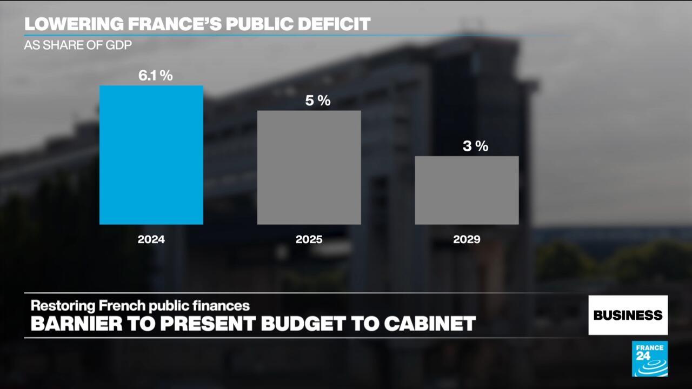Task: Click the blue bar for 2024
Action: [151, 155]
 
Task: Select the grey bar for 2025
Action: [309, 167]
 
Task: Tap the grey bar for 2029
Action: [467, 190]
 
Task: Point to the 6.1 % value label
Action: [155, 76]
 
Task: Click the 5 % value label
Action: [317, 100]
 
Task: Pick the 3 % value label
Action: [475, 146]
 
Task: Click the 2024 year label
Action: [151, 239]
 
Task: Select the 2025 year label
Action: [309, 239]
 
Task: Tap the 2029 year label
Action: [467, 239]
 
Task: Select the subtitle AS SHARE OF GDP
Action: [78, 45]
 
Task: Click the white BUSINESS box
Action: [628, 315]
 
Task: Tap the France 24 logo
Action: [649, 359]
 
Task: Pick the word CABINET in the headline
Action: [430, 324]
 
